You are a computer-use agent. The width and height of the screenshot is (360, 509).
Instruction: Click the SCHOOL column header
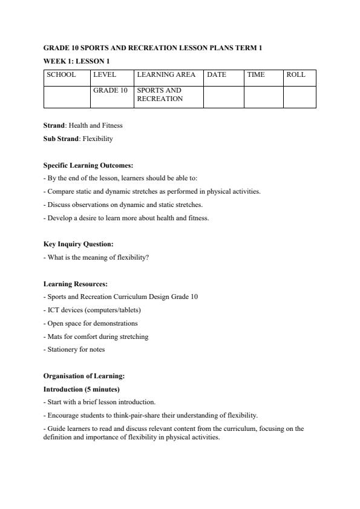click(x=61, y=75)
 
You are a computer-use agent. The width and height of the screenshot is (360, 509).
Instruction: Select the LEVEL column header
click(x=104, y=75)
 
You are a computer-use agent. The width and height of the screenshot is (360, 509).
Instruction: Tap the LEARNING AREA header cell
click(x=166, y=75)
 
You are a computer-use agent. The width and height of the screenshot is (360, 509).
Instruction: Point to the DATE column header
click(x=217, y=75)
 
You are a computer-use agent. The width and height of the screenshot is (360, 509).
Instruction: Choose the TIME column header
click(x=256, y=75)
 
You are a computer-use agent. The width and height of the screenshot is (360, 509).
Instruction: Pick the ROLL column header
click(x=296, y=75)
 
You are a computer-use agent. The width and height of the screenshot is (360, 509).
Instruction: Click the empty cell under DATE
click(x=223, y=97)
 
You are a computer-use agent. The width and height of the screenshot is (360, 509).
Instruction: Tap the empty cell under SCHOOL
click(x=67, y=97)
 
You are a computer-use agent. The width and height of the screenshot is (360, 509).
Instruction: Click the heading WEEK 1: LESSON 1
click(x=76, y=61)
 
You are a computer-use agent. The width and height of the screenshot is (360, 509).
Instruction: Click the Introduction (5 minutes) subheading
click(x=81, y=389)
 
